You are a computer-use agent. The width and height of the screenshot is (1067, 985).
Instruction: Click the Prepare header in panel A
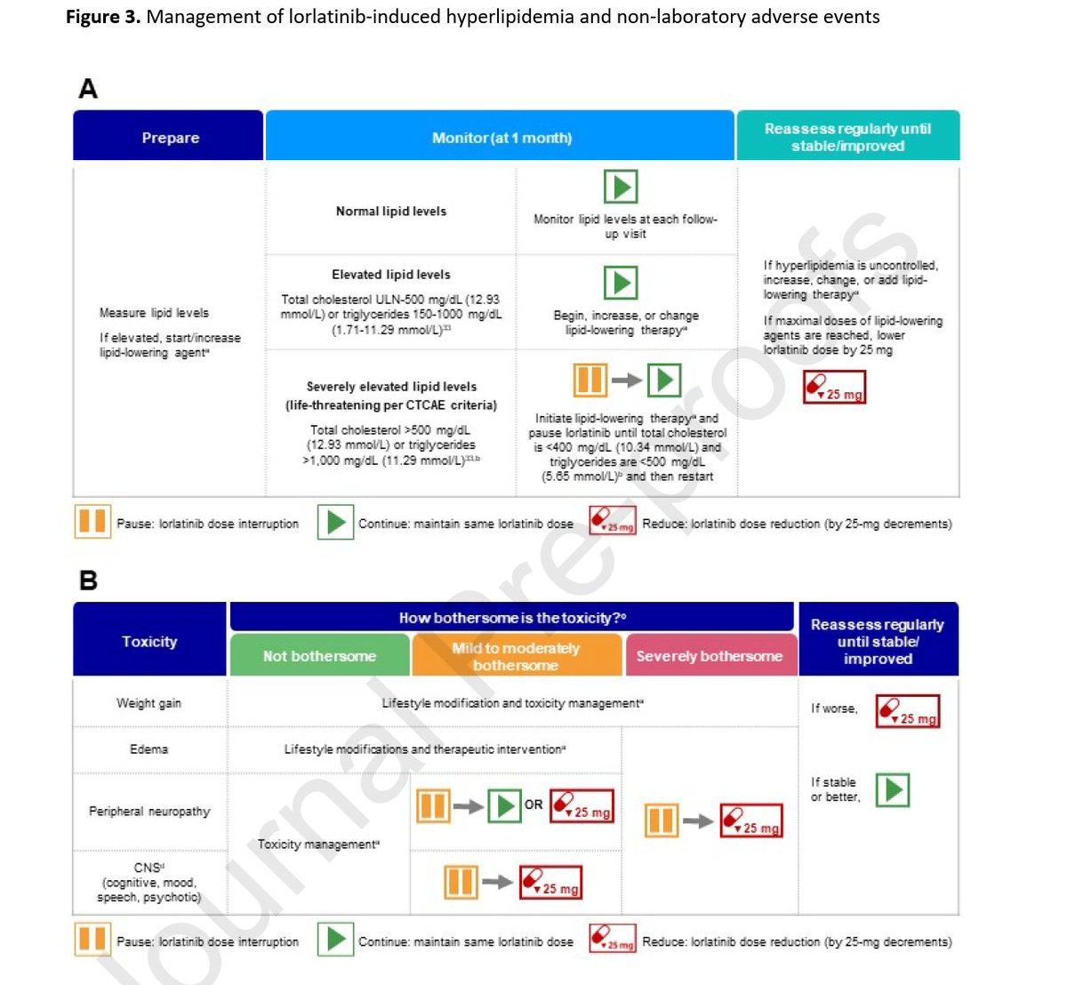click(x=169, y=138)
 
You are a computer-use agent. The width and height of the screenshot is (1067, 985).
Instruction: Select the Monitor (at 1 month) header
click(x=501, y=138)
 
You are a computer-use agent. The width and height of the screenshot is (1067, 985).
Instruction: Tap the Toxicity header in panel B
click(x=149, y=641)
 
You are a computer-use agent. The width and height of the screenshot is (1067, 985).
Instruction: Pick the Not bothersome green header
click(x=319, y=656)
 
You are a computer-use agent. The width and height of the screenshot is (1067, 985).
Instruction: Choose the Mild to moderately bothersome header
click(x=516, y=656)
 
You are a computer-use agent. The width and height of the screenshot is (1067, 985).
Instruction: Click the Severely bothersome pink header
click(x=709, y=656)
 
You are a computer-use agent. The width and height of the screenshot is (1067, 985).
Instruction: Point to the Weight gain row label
click(x=148, y=703)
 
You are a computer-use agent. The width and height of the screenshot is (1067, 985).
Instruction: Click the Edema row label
click(x=148, y=749)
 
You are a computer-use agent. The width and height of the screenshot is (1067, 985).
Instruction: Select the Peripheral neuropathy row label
click(x=149, y=812)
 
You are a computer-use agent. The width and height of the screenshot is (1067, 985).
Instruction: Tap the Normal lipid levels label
click(x=391, y=211)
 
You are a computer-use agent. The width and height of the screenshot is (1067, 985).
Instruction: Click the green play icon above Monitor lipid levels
click(x=621, y=187)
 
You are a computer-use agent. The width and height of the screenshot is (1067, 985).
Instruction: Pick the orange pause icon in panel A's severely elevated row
click(x=590, y=380)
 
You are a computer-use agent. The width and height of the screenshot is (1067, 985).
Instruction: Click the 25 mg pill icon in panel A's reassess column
click(x=834, y=388)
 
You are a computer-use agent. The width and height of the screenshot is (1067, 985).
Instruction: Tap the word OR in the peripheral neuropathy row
click(x=533, y=805)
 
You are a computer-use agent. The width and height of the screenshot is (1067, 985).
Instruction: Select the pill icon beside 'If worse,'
click(x=908, y=711)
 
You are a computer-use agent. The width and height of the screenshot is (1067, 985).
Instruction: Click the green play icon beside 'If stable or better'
click(x=893, y=789)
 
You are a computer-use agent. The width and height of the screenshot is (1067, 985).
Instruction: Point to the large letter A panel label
click(x=88, y=89)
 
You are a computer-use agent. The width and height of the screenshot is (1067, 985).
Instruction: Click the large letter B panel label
click(x=88, y=581)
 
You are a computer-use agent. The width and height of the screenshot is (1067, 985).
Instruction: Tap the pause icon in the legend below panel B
click(x=92, y=940)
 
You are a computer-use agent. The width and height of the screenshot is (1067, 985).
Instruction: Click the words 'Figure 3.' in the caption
click(x=103, y=17)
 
